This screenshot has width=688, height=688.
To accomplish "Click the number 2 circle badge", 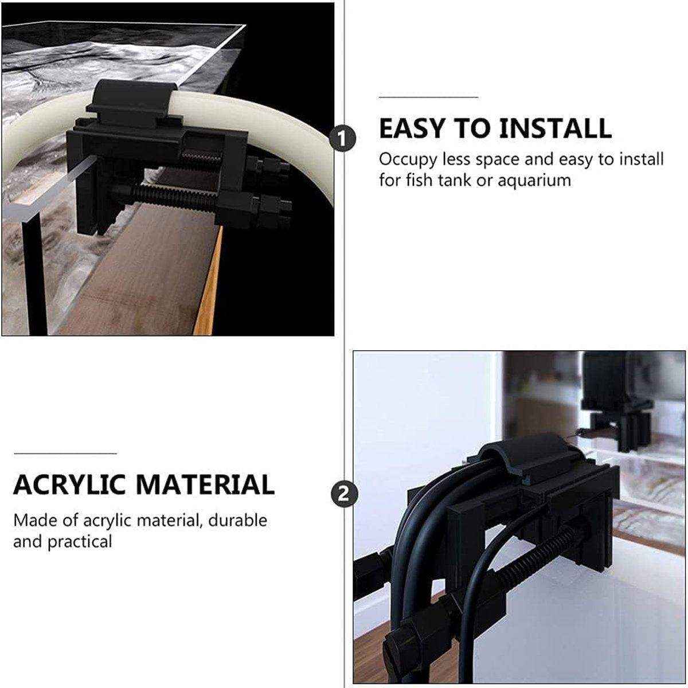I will point(343,494).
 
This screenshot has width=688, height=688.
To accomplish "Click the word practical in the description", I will point(80,541).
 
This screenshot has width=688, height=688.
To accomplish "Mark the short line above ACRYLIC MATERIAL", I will point(65,453).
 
